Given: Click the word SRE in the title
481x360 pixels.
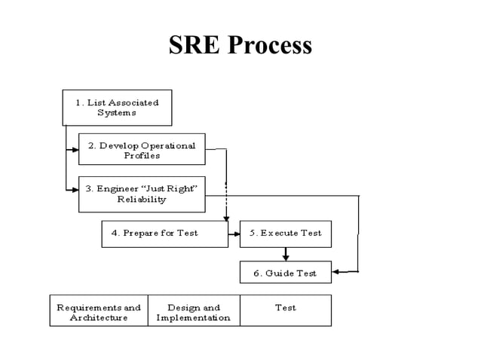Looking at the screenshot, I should pos(194,45).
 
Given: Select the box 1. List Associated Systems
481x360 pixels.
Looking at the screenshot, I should pos(117,107).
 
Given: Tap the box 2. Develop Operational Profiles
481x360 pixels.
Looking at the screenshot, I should pos(142,149).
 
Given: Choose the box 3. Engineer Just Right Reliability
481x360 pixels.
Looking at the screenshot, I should pos(142,194).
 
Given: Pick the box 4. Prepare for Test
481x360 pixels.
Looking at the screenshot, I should pos(164,233).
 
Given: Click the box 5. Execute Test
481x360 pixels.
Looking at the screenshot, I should pos(285,233).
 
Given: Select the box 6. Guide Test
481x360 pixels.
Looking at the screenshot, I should pos(285,272).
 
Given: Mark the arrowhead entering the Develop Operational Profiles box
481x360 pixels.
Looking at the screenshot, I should pos(75,150).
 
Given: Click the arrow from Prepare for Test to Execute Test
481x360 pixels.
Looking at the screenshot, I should pos(234,233).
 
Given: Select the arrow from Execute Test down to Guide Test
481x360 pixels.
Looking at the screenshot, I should pos(286,254).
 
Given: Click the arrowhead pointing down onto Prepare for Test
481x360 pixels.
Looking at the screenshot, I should pos(226,218).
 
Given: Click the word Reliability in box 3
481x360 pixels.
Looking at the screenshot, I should pos(142,200).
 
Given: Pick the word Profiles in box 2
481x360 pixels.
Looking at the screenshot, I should pos(142,155).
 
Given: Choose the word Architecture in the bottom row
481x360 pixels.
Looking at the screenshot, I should pos(99,318).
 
